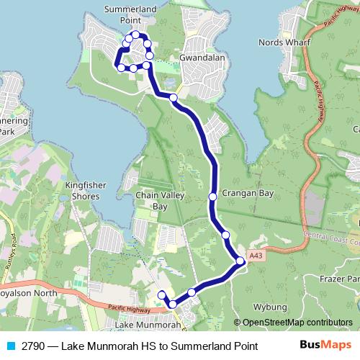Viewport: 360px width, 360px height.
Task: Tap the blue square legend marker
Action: pyautogui.click(x=9, y=346)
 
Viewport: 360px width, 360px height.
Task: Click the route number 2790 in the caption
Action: pyautogui.click(x=33, y=346)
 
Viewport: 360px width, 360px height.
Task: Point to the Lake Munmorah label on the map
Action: pyautogui.click(x=148, y=325)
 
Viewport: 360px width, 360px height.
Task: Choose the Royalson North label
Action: pyautogui.click(x=29, y=293)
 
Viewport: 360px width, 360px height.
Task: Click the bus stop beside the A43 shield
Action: pyautogui.click(x=240, y=263)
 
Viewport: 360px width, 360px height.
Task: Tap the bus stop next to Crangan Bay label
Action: pyautogui.click(x=212, y=197)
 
